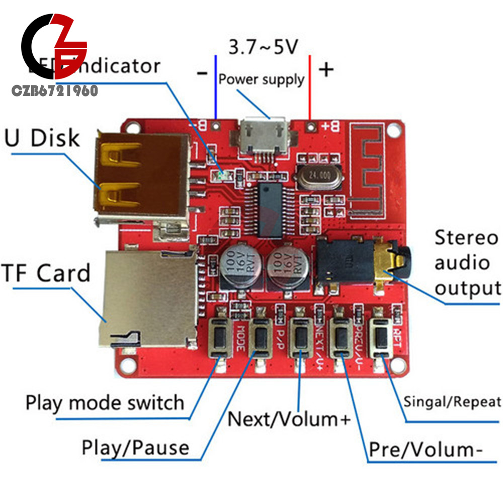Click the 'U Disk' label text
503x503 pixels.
tap(42, 138)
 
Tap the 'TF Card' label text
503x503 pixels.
tap(47, 273)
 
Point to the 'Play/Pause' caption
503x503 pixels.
tap(135, 447)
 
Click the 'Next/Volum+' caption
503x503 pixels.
tap(288, 418)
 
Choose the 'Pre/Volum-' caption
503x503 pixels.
tap(422, 450)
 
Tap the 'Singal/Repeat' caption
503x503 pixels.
tap(452, 401)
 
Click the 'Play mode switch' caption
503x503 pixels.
tap(105, 402)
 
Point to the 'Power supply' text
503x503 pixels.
tap(261, 79)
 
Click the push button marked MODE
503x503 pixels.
tap(221, 334)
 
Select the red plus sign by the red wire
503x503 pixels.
tap(326, 70)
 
